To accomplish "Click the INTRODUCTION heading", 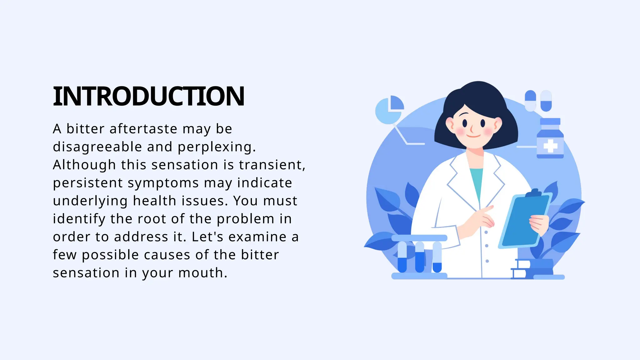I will (x=148, y=96).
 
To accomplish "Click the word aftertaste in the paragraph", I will (x=143, y=129).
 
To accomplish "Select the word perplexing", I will (x=217, y=147).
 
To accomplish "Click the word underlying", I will (x=90, y=201).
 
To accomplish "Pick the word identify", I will (x=79, y=219).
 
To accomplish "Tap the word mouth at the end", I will (x=202, y=273).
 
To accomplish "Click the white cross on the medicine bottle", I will (x=550, y=146).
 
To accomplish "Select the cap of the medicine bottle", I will (x=550, y=122).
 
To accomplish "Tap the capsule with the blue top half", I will (x=530, y=101).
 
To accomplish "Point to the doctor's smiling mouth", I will (x=473, y=136).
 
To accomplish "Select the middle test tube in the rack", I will (x=420, y=257).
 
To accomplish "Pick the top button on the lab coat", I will (x=486, y=232).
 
